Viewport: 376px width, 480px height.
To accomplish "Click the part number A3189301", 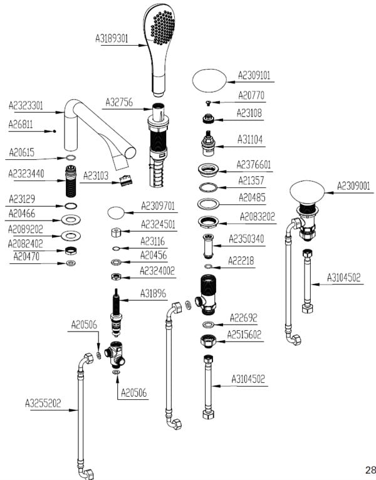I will click(x=112, y=38).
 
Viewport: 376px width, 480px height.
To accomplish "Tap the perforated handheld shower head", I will click(x=159, y=31).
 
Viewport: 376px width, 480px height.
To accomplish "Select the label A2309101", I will click(x=254, y=76).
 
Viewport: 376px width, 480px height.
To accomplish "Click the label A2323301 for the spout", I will click(x=26, y=105).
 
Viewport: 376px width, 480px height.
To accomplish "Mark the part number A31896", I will click(x=154, y=293).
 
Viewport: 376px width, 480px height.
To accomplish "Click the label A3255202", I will click(x=43, y=403).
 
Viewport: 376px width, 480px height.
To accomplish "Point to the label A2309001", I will click(x=353, y=185).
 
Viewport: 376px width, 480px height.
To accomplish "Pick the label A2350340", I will click(x=246, y=239).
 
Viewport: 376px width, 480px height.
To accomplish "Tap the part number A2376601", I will click(x=254, y=164).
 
